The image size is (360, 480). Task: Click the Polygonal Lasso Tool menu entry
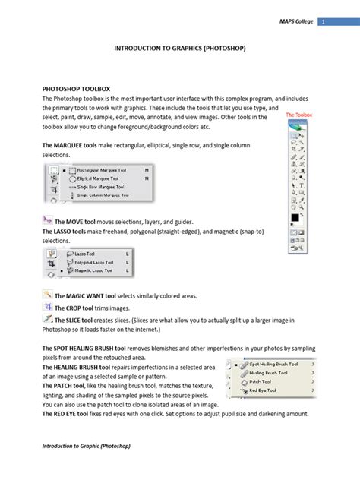(93, 262)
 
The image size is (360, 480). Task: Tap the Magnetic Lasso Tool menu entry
(93, 270)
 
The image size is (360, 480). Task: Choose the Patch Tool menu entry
(262, 381)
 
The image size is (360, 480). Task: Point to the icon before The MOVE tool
(47, 219)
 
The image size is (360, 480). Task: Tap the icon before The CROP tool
(47, 308)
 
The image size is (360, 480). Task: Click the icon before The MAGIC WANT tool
(47, 295)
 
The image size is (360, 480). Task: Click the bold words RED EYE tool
(72, 415)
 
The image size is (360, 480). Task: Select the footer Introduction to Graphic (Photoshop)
(87, 447)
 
